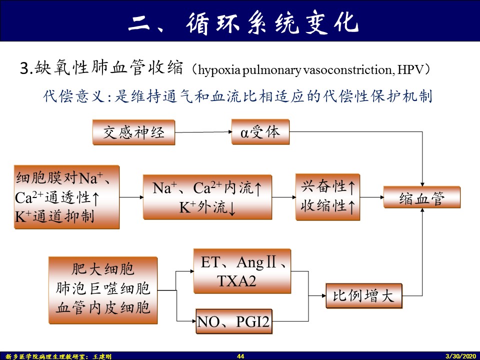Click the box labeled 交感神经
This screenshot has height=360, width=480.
134,132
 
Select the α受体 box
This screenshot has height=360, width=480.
260,132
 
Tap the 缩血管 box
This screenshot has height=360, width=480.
422,197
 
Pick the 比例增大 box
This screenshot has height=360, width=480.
363,295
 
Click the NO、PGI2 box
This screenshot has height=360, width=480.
234,321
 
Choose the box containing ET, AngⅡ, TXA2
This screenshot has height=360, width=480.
242,271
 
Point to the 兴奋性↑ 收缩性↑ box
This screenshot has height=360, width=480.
327,197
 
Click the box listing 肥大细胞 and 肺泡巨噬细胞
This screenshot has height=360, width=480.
103,290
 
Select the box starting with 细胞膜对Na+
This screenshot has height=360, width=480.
66,197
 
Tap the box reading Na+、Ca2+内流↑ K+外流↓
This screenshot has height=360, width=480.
207,197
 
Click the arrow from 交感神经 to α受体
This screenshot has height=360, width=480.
203,132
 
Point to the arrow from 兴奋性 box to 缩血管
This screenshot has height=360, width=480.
372,197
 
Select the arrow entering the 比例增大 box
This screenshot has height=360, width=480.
317,295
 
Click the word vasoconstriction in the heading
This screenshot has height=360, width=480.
347,70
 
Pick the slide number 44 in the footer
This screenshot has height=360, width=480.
240,356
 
